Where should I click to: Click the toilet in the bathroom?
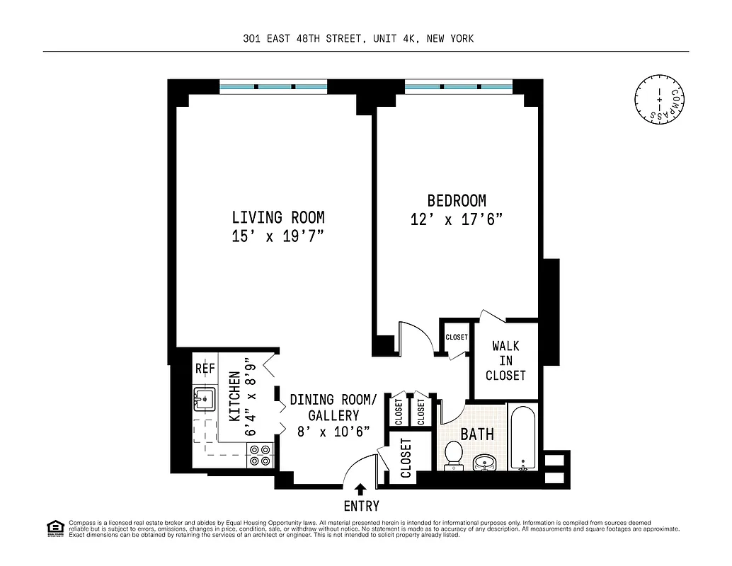pyautogui.click(x=454, y=456)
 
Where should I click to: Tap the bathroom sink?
pyautogui.click(x=485, y=462)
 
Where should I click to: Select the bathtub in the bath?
pyautogui.click(x=523, y=438)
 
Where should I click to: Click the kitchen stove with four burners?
pyautogui.click(x=260, y=455)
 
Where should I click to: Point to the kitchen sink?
pyautogui.click(x=205, y=400)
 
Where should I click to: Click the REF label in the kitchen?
pyautogui.click(x=205, y=369)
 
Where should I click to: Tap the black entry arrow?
pyautogui.click(x=360, y=489)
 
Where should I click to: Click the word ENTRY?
pyautogui.click(x=361, y=506)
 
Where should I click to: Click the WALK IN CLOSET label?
pyautogui.click(x=505, y=361)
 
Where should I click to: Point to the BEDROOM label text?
pyautogui.click(x=457, y=201)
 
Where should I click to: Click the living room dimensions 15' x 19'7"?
pyautogui.click(x=278, y=237)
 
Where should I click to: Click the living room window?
pyautogui.click(x=273, y=87)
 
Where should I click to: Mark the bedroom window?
pyautogui.click(x=458, y=87)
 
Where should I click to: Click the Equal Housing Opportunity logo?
pyautogui.click(x=55, y=528)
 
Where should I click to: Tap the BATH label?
pyautogui.click(x=477, y=434)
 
